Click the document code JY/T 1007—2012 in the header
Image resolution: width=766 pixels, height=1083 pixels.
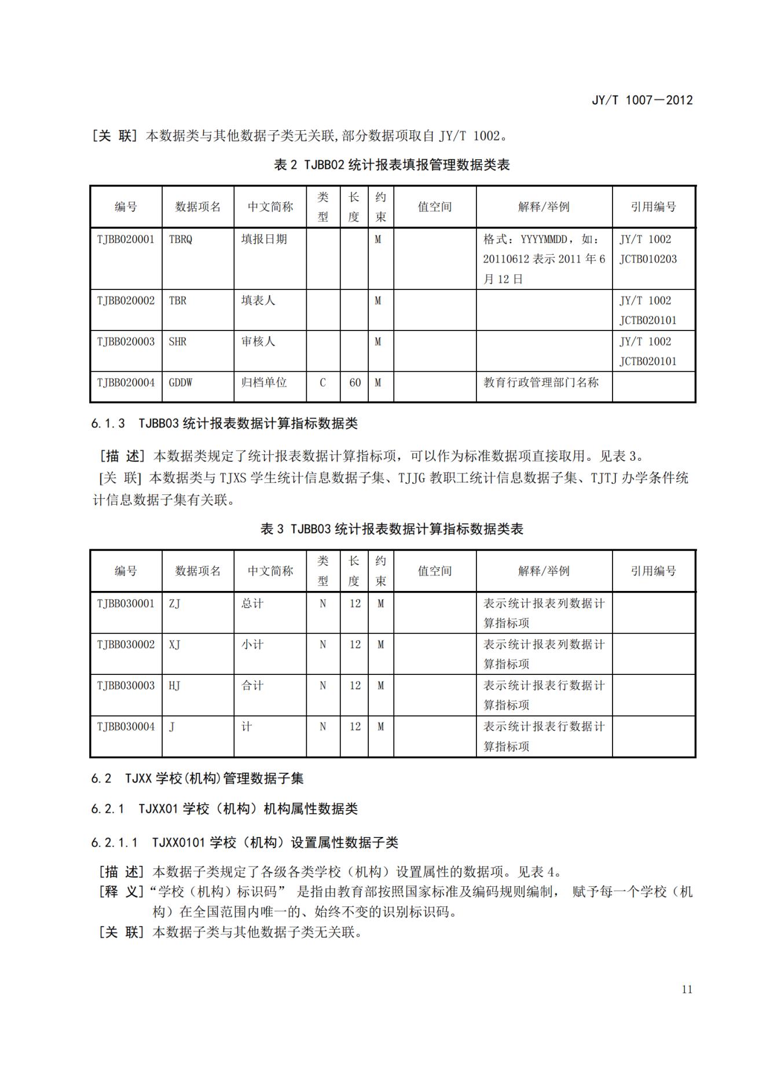(642, 100)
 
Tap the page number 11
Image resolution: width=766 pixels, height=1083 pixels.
(687, 989)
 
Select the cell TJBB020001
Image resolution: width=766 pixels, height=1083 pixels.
(126, 239)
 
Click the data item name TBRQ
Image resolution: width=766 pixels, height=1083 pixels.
(180, 239)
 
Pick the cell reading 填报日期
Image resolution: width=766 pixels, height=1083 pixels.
(264, 239)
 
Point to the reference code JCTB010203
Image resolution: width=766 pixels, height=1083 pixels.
(648, 259)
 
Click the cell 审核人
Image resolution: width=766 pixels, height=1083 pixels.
(258, 342)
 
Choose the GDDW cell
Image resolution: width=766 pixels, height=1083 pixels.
(180, 383)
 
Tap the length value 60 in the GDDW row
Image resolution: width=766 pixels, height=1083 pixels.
(355, 383)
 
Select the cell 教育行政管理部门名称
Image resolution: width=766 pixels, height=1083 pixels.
(541, 383)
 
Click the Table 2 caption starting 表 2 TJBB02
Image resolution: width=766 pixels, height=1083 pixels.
(391, 165)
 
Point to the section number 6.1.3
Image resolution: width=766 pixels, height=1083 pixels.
(108, 424)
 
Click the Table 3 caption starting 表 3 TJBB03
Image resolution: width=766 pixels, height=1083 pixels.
(391, 529)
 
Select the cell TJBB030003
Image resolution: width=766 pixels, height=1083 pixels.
(126, 685)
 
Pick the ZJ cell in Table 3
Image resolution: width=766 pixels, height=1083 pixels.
(174, 604)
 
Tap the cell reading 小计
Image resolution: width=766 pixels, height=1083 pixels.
(252, 644)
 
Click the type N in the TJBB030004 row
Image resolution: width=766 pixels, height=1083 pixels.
(322, 726)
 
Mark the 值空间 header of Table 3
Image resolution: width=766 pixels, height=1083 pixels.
(434, 571)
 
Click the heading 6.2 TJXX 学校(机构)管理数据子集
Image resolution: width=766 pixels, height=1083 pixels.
(197, 779)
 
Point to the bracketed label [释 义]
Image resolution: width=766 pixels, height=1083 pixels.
(121, 891)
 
